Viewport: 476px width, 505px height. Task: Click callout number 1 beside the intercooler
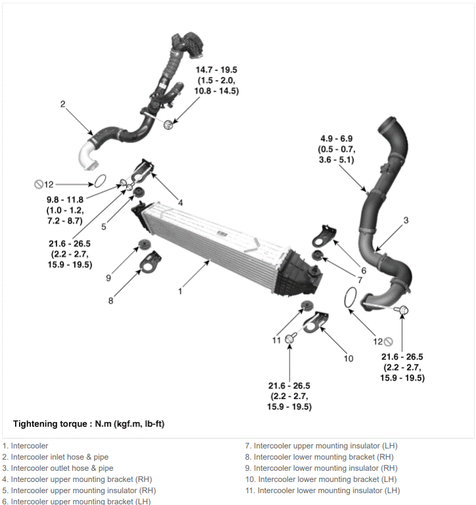tap(180, 291)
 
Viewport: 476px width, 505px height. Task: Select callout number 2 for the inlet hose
tap(63, 104)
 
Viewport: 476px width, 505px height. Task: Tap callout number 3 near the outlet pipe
tap(406, 220)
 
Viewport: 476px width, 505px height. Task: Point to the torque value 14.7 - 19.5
tap(217, 70)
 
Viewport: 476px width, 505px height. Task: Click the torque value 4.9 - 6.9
tap(336, 139)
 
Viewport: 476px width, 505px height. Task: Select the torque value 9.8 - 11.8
tap(65, 200)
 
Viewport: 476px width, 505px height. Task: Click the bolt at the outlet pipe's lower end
tap(403, 310)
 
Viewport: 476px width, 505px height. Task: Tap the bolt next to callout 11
tap(290, 339)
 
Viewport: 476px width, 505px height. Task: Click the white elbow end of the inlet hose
tap(87, 157)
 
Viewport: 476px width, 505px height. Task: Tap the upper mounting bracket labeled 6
tap(324, 236)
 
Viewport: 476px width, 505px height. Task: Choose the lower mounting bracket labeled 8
tap(150, 261)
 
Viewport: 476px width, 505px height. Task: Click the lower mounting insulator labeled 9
tap(144, 245)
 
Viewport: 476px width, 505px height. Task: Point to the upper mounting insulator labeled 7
tap(317, 254)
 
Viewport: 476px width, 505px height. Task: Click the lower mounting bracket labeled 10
tap(316, 322)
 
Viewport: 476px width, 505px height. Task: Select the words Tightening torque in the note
tap(50, 424)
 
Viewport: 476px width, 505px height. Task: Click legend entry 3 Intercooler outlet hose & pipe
tap(58, 468)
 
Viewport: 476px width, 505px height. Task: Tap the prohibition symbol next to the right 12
tap(389, 341)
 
